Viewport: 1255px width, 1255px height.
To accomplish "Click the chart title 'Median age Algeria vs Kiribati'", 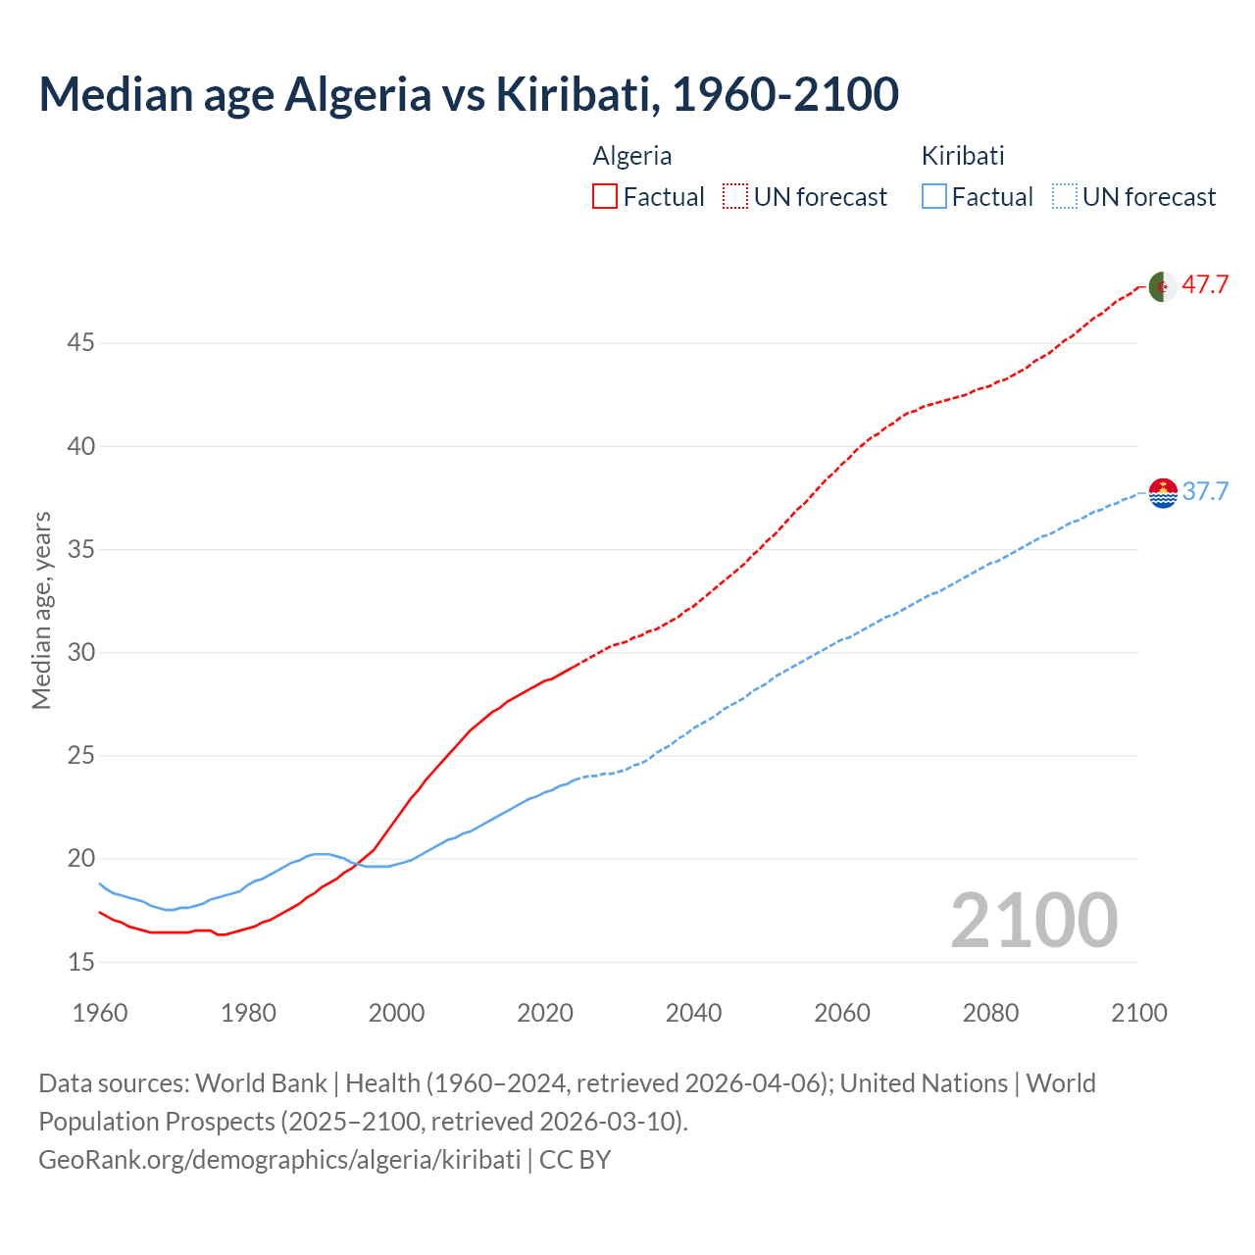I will [x=468, y=94].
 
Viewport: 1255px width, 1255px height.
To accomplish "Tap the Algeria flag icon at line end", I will [x=1163, y=286].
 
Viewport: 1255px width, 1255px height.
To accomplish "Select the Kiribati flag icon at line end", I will [x=1163, y=492].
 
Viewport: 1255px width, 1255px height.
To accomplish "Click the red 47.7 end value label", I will [x=1205, y=285].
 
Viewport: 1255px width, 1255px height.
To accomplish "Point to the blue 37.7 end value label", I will [x=1205, y=491].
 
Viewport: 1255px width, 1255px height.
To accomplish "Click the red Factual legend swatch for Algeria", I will [x=605, y=197].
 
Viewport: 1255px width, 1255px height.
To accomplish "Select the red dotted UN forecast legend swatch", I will [x=735, y=197].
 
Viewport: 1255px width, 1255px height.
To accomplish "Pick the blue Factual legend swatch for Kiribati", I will [x=934, y=197].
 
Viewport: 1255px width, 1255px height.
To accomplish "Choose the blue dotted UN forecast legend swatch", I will [x=1065, y=197].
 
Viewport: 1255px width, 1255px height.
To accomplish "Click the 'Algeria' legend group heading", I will [x=632, y=156].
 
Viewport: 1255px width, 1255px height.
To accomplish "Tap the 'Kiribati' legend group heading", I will [x=963, y=156].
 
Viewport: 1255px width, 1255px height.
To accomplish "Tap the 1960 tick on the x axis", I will [x=100, y=1013].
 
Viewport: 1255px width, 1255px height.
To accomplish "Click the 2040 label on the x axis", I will [x=693, y=1013].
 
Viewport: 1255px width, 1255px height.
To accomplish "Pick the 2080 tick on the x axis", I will [x=990, y=1013].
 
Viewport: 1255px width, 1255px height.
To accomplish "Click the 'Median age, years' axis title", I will [x=41, y=610].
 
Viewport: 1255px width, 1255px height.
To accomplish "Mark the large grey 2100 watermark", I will [x=1033, y=920].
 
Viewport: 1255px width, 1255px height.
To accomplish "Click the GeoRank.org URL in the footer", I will [x=279, y=1160].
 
